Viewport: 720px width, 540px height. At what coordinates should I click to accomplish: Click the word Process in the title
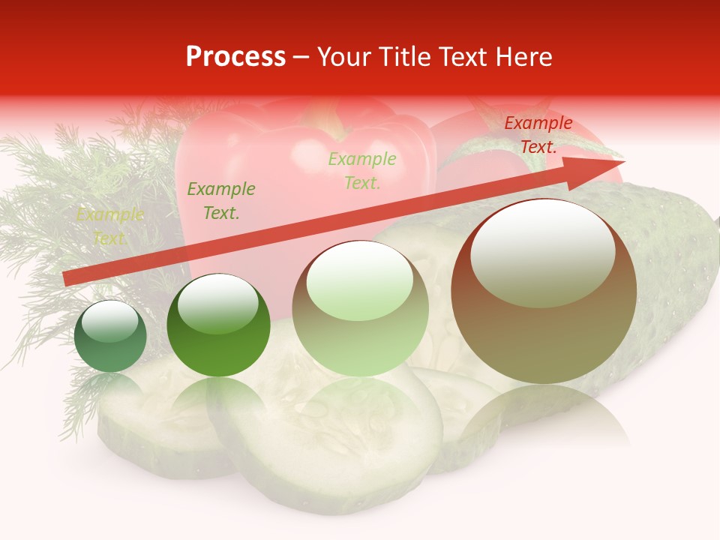tap(235, 57)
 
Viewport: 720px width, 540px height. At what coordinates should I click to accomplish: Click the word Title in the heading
tap(400, 57)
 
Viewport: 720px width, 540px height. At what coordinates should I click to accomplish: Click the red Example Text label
tap(538, 135)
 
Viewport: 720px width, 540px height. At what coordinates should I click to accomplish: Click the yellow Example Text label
tap(109, 226)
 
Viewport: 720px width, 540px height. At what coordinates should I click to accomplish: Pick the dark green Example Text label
tap(220, 201)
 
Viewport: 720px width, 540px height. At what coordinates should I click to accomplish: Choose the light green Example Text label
tap(361, 170)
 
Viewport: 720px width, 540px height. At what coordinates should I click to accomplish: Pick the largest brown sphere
tap(544, 330)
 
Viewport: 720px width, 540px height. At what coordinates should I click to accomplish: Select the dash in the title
tap(301, 57)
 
